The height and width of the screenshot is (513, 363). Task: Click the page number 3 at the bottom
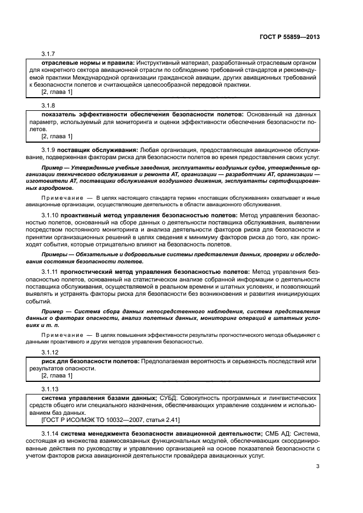(318, 467)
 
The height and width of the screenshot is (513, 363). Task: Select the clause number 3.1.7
(48, 54)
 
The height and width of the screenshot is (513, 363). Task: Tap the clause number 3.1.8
(48, 104)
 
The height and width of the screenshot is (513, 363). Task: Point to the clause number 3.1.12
(50, 352)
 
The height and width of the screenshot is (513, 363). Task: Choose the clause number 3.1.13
(50, 388)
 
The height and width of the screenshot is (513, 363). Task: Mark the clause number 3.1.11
(50, 272)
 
